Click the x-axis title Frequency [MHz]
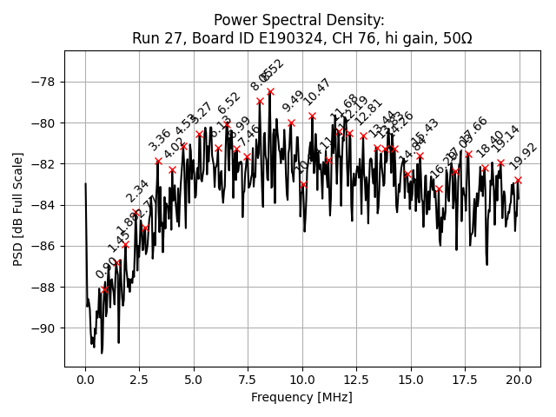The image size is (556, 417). pyautogui.click(x=301, y=397)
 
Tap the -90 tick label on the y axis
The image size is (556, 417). pyautogui.click(x=44, y=328)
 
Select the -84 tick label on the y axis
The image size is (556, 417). pyautogui.click(x=44, y=205)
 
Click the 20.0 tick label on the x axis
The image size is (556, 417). pyautogui.click(x=520, y=380)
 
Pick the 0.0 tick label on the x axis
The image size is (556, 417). pyautogui.click(x=85, y=380)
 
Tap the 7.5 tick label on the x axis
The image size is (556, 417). pyautogui.click(x=248, y=380)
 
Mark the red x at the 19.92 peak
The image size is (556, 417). pyautogui.click(x=518, y=180)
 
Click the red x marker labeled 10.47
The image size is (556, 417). pyautogui.click(x=312, y=116)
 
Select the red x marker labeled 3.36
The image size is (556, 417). pyautogui.click(x=158, y=161)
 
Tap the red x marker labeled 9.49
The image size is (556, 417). pyautogui.click(x=291, y=122)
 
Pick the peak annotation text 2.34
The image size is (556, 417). pyautogui.click(x=137, y=191)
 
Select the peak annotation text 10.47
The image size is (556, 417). pyautogui.click(x=317, y=92)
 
